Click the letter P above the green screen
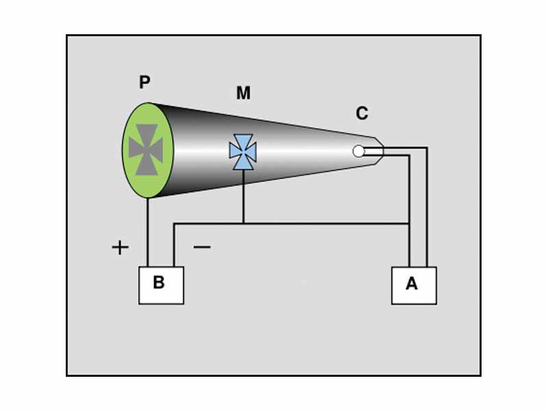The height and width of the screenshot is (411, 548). pos(145,83)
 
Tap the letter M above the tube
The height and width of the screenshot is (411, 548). pos(243,93)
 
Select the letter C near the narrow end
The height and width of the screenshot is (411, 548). pos(362,114)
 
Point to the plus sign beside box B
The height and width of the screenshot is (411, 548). pos(121,247)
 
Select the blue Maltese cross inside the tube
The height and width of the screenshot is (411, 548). pos(242,152)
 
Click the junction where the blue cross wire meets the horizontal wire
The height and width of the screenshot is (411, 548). pos(243,223)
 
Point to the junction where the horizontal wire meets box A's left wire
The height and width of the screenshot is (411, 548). pos(410,223)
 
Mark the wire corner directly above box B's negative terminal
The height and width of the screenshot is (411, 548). pos(175,223)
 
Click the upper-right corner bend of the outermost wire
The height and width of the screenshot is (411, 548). pos(427,147)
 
